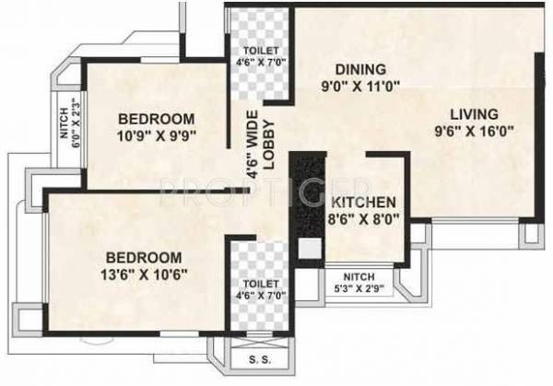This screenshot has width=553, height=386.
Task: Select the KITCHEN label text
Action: pos(363,203)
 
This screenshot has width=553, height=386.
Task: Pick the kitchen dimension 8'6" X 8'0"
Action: pos(363,220)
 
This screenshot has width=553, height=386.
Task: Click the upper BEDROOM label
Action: pos(157,119)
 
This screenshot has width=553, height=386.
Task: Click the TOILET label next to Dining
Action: pos(258,51)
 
